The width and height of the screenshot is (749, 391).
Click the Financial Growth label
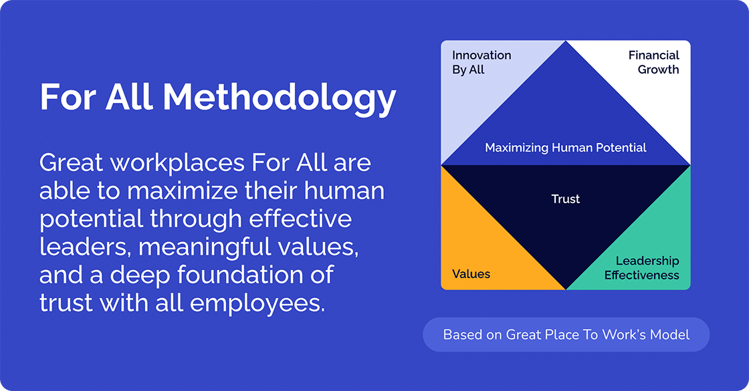[653, 62]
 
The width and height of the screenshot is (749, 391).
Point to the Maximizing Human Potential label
[566, 147]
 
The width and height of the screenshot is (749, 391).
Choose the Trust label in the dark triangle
[566, 199]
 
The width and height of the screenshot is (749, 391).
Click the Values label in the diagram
[471, 274]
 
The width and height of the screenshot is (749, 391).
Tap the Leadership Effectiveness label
[642, 268]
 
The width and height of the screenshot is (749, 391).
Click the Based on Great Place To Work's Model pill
[566, 334]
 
